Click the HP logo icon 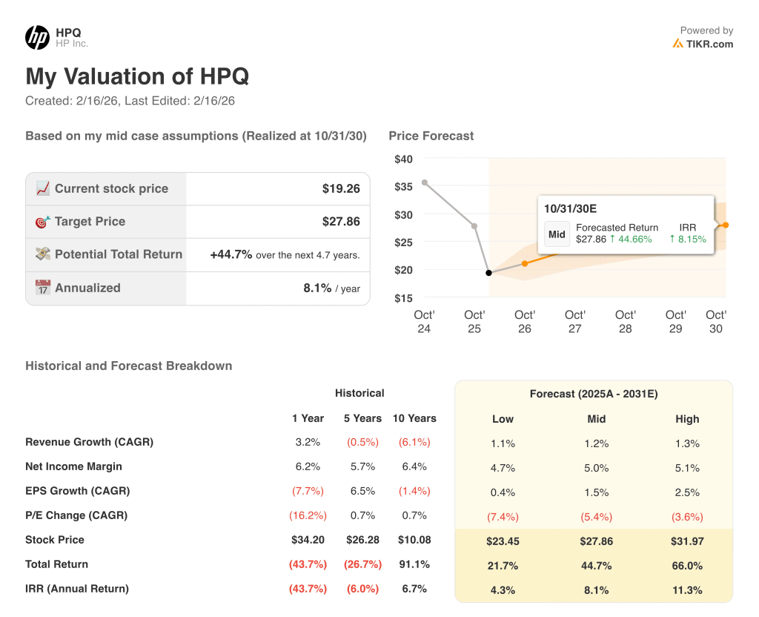(x=37, y=37)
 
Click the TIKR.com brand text (x=709, y=44)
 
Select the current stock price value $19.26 (x=341, y=189)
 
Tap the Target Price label (x=90, y=222)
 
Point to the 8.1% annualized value (x=317, y=288)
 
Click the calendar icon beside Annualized (x=43, y=288)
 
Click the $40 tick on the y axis (x=403, y=159)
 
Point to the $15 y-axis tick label (x=403, y=298)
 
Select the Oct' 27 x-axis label (x=575, y=321)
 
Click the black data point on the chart (x=488, y=273)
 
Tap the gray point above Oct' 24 (x=424, y=182)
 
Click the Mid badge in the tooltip (x=557, y=234)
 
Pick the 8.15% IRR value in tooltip (x=692, y=239)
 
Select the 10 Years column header (x=414, y=418)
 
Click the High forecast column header (x=687, y=419)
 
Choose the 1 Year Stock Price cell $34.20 (x=308, y=540)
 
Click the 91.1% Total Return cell (x=414, y=564)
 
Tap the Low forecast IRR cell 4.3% (x=503, y=590)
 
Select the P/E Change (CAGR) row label (x=76, y=515)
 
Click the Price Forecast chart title (x=431, y=136)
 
